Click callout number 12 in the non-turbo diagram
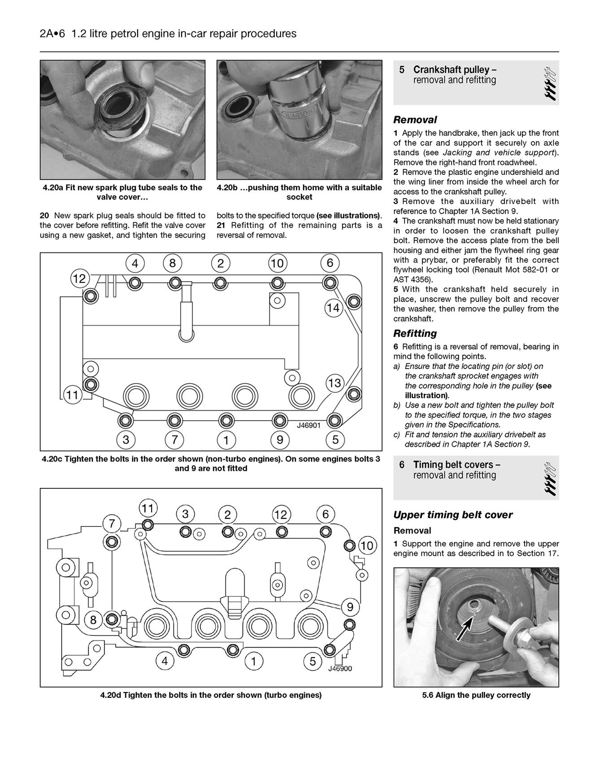tap(79, 278)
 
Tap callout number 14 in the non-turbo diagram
tap(333, 308)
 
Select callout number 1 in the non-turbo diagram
tap(226, 440)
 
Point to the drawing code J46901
tap(308, 425)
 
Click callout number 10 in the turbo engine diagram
tap(367, 546)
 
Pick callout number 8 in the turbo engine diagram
tap(93, 620)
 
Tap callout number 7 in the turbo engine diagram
tap(112, 523)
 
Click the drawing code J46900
tap(340, 669)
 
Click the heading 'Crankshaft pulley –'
tap(455, 70)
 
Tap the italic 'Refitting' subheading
tap(415, 333)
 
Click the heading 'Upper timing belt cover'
tap(453, 515)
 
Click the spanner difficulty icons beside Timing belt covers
tap(550, 478)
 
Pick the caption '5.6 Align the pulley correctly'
tap(476, 695)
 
